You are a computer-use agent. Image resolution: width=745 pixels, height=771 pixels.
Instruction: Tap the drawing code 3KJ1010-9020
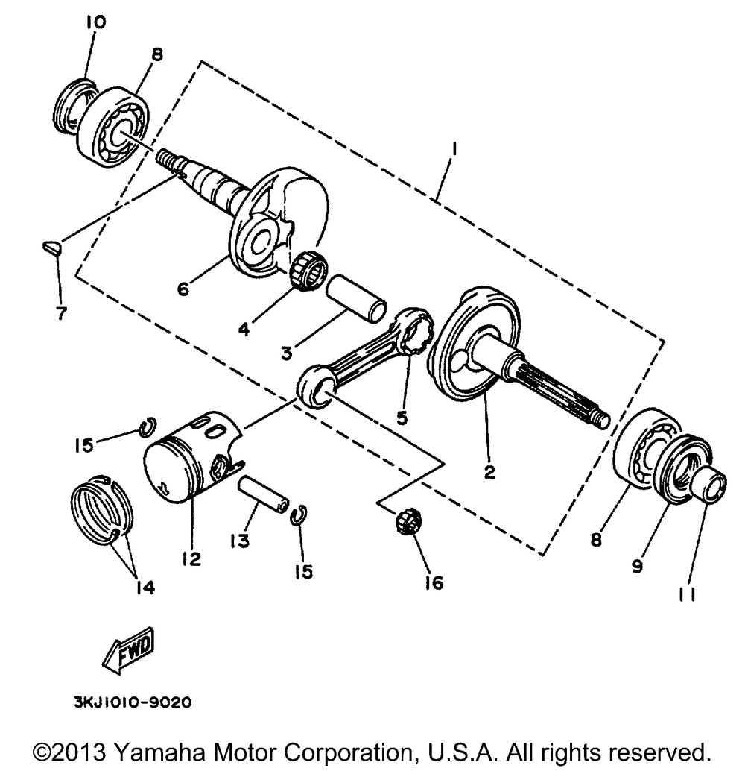point(131,702)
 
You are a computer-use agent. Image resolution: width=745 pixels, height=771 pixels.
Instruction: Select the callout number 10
point(95,22)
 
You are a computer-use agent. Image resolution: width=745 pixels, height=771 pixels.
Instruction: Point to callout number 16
point(433,582)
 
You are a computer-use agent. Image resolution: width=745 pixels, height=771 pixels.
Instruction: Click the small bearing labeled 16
point(405,517)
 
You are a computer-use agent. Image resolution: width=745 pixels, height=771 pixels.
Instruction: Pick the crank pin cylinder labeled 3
point(355,299)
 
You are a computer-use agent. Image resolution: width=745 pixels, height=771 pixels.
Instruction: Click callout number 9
point(637,567)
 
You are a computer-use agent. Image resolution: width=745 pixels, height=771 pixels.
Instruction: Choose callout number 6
point(182,286)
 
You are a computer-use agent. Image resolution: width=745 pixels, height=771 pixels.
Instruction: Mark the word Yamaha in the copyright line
point(165,749)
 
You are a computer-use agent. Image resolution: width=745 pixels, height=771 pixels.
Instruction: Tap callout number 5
point(402,418)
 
